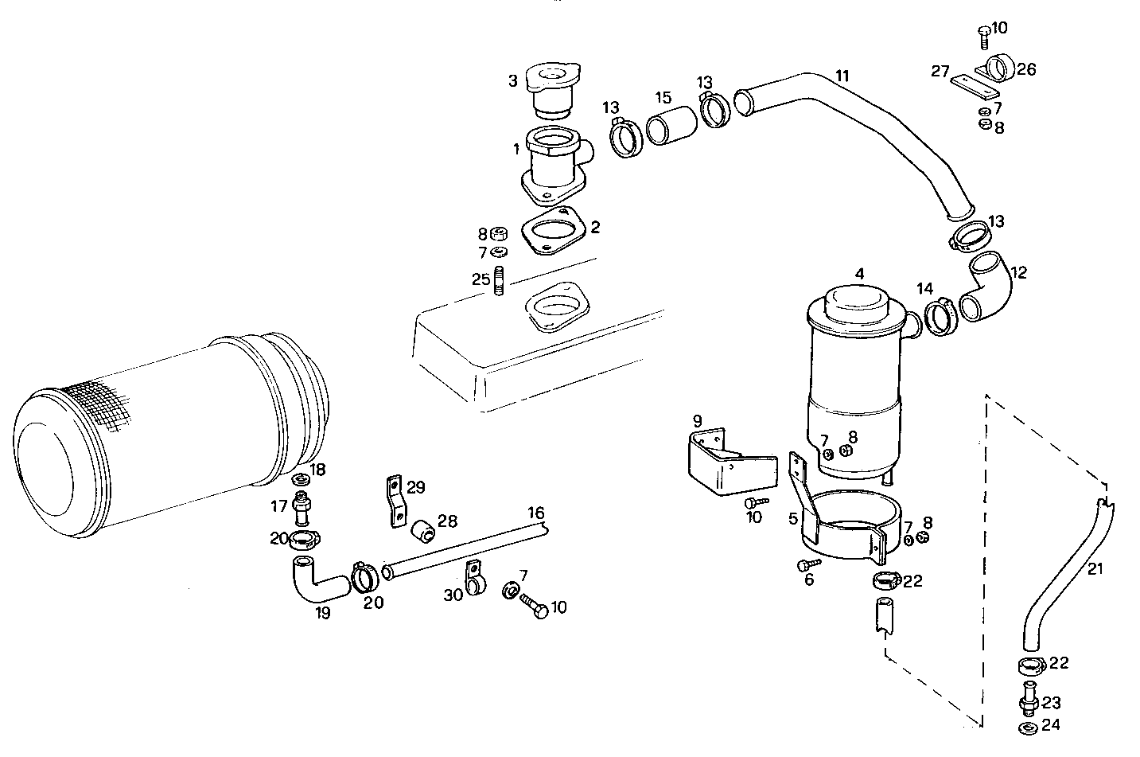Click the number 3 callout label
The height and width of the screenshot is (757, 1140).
pos(513,80)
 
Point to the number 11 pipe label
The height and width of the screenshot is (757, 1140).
pos(842,76)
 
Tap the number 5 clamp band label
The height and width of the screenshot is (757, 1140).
pos(793,520)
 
